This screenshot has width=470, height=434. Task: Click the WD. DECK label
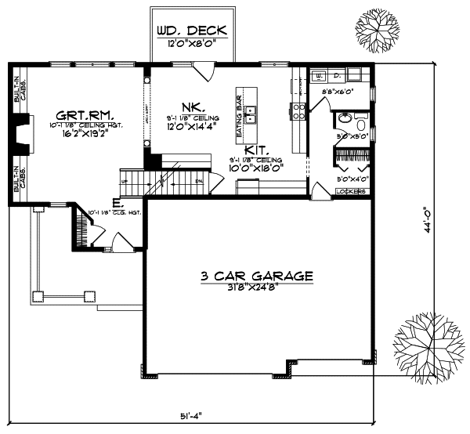click(x=191, y=31)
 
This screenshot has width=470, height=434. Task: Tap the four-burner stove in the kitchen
click(x=298, y=110)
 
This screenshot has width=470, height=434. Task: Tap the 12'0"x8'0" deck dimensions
click(x=191, y=44)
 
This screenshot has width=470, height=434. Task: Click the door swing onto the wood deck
click(x=204, y=70)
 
